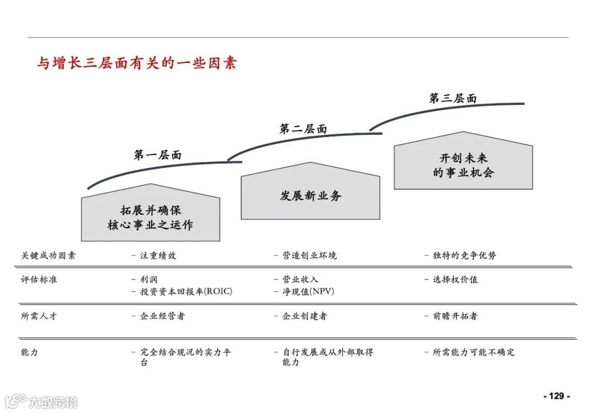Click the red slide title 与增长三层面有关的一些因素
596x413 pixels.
pos(137,63)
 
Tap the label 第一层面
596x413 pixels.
pos(157,155)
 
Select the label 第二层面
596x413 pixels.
pos(303,129)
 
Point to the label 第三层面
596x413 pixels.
pos(453,99)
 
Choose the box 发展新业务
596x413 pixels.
pos(311,195)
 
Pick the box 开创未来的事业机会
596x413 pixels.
pos(463,165)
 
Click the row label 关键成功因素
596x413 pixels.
pos(48,256)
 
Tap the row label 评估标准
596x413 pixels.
pos(39,279)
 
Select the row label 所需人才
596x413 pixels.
pos(39,316)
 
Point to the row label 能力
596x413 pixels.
pos(29,352)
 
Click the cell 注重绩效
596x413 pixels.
pos(158,256)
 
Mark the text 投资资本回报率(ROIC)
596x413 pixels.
pos(186,292)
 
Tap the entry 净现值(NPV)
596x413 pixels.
pos(308,292)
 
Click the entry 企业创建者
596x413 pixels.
pos(304,316)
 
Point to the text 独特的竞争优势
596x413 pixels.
pos(464,256)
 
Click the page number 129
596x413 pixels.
pos(556,396)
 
